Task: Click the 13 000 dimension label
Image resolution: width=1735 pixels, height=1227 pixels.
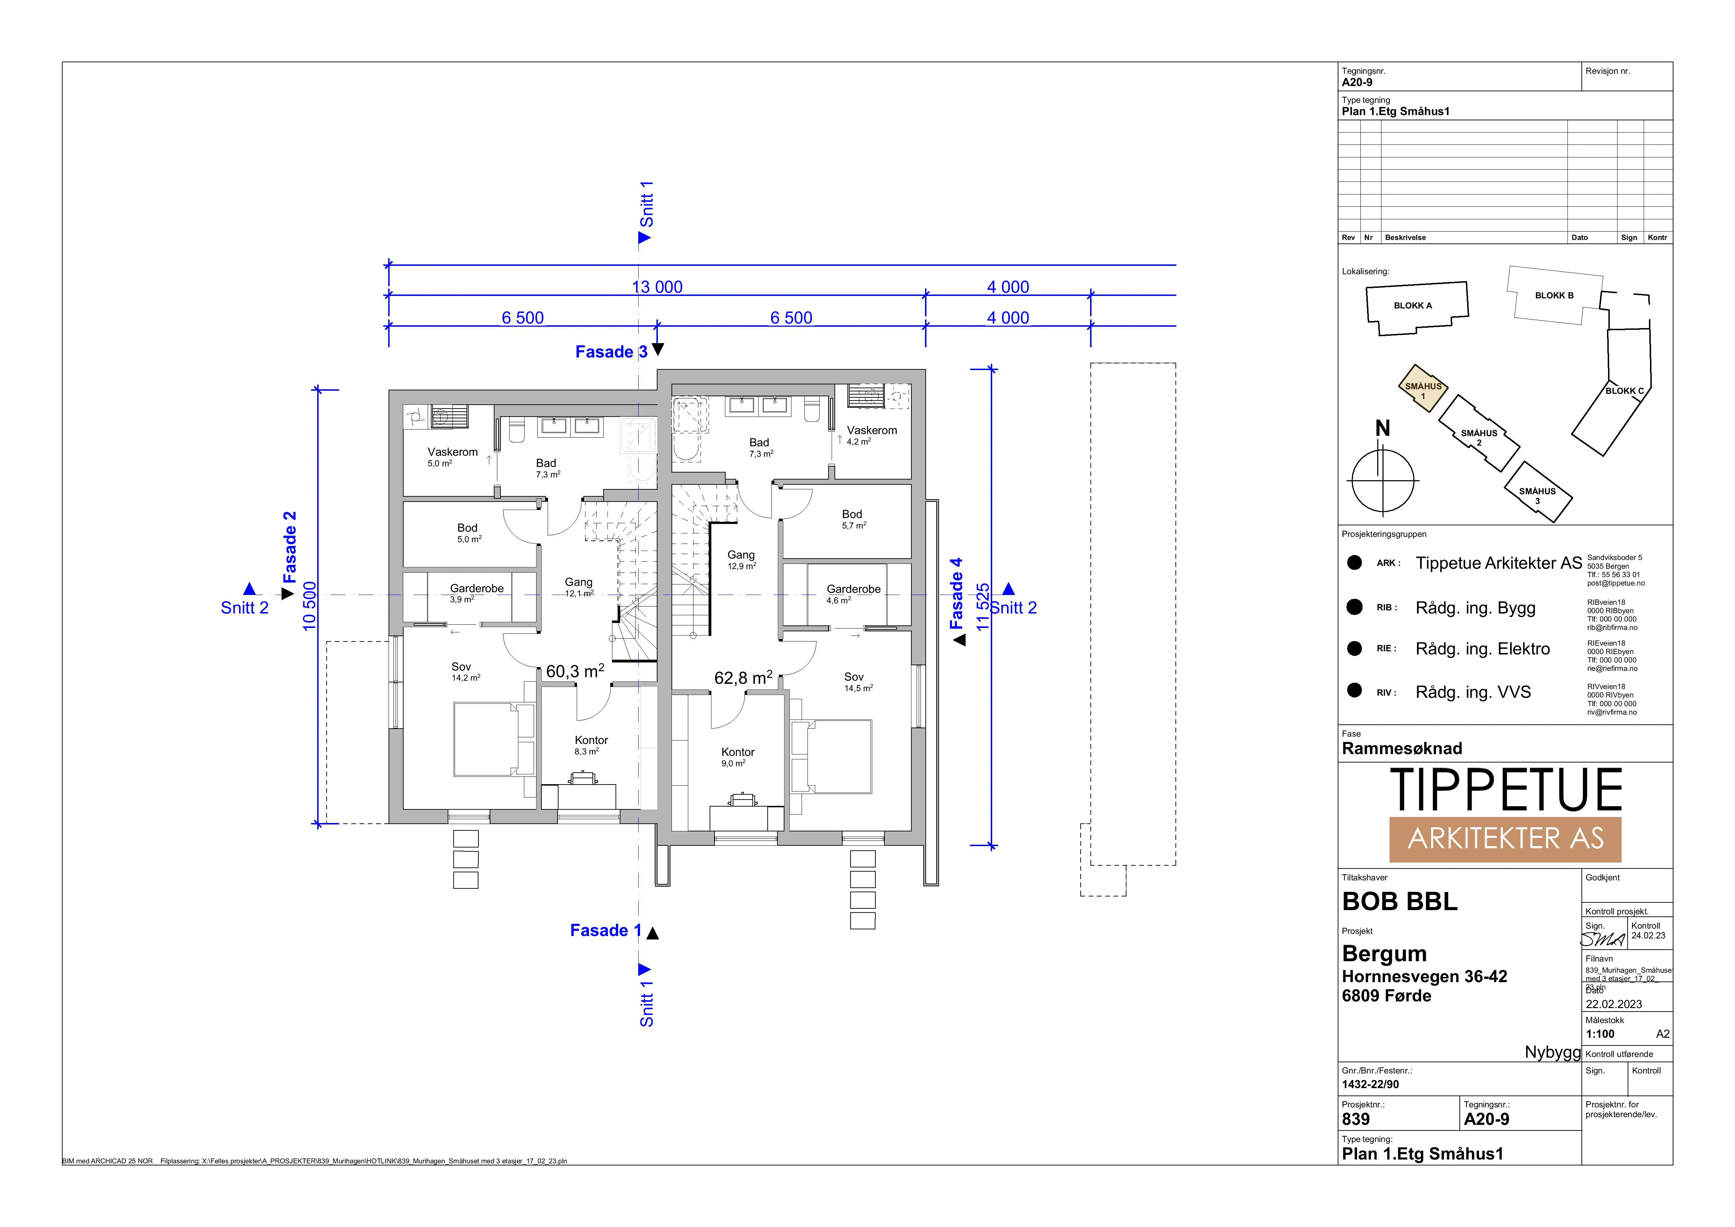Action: point(657,287)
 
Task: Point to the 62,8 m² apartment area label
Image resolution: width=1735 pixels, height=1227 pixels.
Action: point(744,678)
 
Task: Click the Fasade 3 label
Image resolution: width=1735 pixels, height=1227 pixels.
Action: point(611,352)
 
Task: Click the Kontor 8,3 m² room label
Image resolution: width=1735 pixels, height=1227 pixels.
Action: point(591,746)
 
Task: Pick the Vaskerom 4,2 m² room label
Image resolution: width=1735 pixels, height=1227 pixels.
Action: point(871,435)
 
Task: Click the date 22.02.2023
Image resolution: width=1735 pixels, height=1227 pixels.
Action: point(1613,1004)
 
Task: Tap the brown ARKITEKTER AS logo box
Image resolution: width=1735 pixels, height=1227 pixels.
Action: point(1505,839)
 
